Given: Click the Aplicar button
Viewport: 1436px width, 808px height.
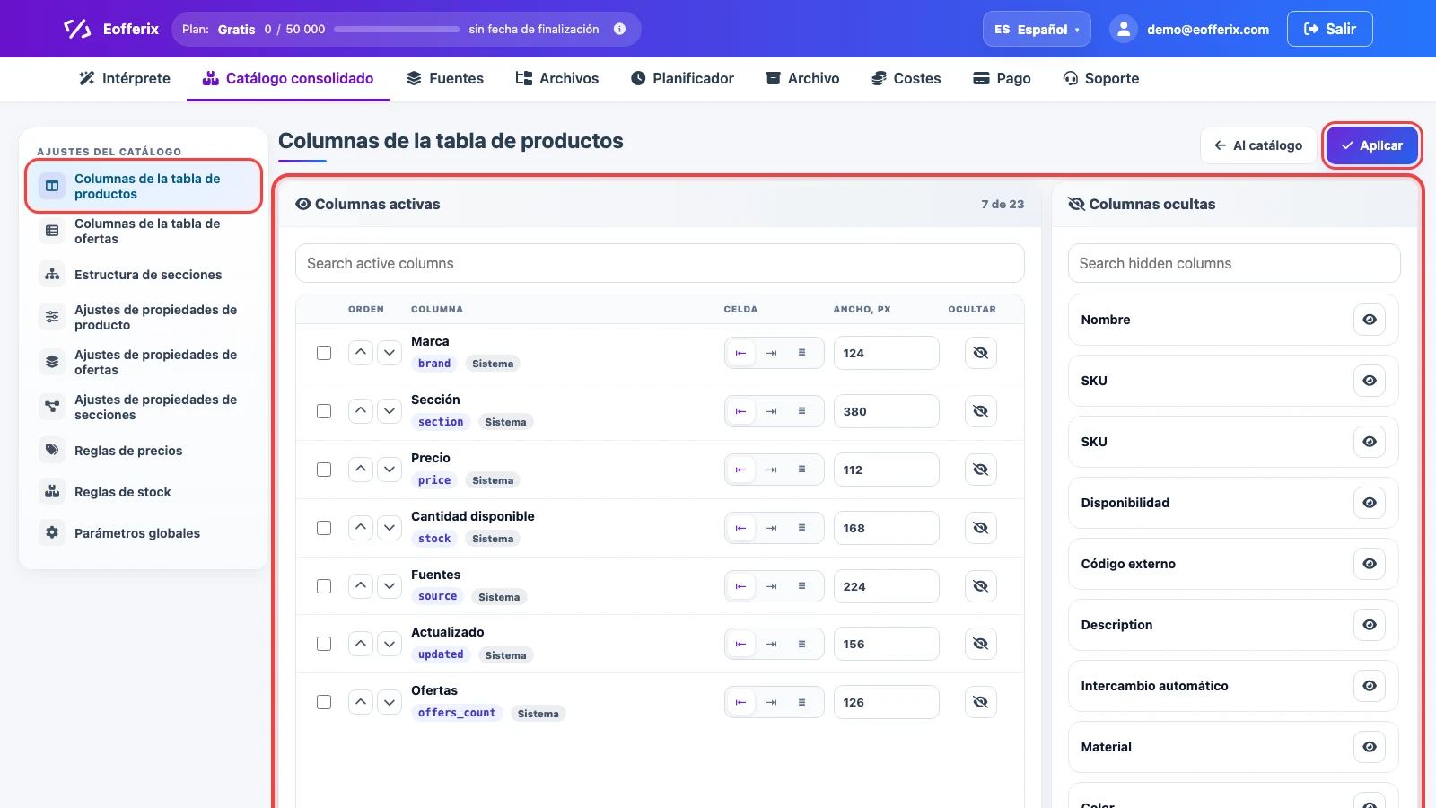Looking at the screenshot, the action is [1372, 145].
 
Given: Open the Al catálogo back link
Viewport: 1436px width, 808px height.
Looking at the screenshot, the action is [1258, 145].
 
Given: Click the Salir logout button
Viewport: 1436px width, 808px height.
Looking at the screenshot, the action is [1329, 29].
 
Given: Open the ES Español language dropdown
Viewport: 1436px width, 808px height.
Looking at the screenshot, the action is [1037, 29].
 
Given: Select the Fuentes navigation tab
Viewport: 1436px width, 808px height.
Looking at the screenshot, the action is [445, 78].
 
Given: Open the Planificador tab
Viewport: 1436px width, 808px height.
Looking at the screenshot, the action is [682, 78].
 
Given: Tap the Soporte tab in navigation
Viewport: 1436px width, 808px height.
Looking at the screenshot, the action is [1100, 78].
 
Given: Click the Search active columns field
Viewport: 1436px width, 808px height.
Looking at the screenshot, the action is [660, 263].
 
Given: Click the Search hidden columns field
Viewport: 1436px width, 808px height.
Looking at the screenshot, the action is [1234, 263].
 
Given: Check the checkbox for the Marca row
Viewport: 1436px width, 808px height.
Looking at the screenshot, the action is [324, 353].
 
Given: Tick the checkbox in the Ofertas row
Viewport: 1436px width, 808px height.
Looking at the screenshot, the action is [324, 702].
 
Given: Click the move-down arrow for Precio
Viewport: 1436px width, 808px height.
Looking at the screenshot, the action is [390, 470].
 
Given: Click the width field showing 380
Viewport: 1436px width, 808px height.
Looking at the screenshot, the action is [886, 411].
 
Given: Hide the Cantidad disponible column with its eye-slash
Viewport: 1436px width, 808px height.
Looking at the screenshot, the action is [980, 528].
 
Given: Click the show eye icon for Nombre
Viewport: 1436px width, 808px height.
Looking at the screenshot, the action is [1370, 320].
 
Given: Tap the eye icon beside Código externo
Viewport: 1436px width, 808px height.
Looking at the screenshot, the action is [1370, 564].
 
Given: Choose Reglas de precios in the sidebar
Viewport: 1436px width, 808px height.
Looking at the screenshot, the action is [128, 450].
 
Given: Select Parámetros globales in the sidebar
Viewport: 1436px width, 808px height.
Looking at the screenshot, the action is [137, 533].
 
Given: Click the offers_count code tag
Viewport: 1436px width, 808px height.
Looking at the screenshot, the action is [457, 713].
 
